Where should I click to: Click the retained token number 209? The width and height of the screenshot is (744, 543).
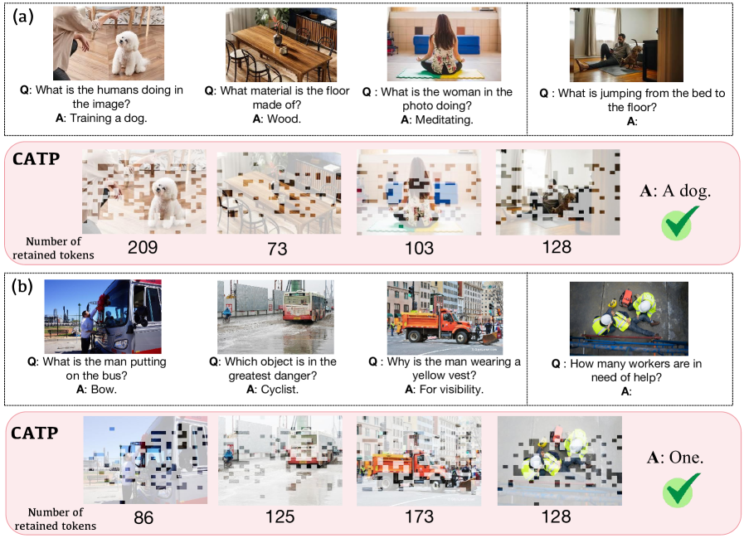[143, 247]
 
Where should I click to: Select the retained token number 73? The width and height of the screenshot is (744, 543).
[277, 249]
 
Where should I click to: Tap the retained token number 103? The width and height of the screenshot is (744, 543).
[419, 248]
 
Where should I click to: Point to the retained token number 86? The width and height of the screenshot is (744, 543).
[143, 517]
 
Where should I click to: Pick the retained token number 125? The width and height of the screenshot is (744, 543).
[280, 516]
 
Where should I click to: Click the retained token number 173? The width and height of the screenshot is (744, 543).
[419, 516]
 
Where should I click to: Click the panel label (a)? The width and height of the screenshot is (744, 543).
[22, 17]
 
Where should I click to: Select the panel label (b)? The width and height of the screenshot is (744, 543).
[22, 287]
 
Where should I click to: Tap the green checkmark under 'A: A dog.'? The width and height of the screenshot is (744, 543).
[680, 222]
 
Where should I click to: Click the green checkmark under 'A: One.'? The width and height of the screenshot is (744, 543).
[681, 490]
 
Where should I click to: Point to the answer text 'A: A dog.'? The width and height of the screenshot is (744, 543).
[675, 191]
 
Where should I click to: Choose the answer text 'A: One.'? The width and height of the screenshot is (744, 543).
[675, 457]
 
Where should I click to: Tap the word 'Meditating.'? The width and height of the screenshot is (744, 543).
[444, 120]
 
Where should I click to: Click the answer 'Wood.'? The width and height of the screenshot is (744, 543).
[284, 119]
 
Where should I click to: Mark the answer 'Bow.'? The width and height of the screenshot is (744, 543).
[104, 390]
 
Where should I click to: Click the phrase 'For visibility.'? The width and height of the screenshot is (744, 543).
[450, 390]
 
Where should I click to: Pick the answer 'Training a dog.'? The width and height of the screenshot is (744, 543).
[109, 118]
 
